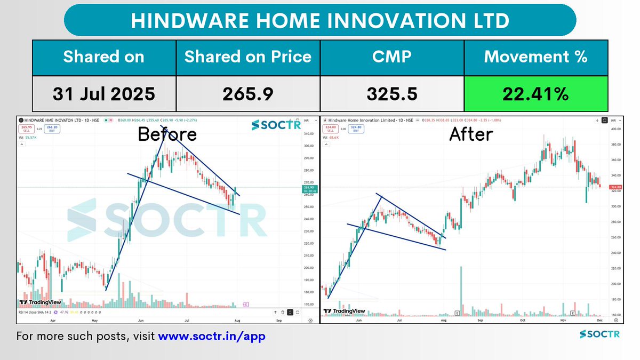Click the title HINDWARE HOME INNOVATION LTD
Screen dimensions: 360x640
tap(320, 21)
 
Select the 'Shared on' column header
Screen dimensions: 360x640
tap(103, 57)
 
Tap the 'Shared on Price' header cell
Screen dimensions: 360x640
tap(247, 57)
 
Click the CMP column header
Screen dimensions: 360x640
tap(391, 57)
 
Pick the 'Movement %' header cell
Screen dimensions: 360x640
tap(535, 57)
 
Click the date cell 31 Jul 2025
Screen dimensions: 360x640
tap(103, 94)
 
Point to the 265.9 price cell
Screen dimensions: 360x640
tap(247, 94)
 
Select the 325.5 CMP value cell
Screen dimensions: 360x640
tap(391, 94)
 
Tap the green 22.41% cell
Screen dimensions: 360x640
tap(535, 94)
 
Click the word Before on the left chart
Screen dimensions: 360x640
tap(167, 134)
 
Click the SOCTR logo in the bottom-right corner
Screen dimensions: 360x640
tap(600, 335)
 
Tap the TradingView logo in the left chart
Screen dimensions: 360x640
tap(38, 302)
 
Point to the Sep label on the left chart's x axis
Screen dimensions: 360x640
tap(278, 322)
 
